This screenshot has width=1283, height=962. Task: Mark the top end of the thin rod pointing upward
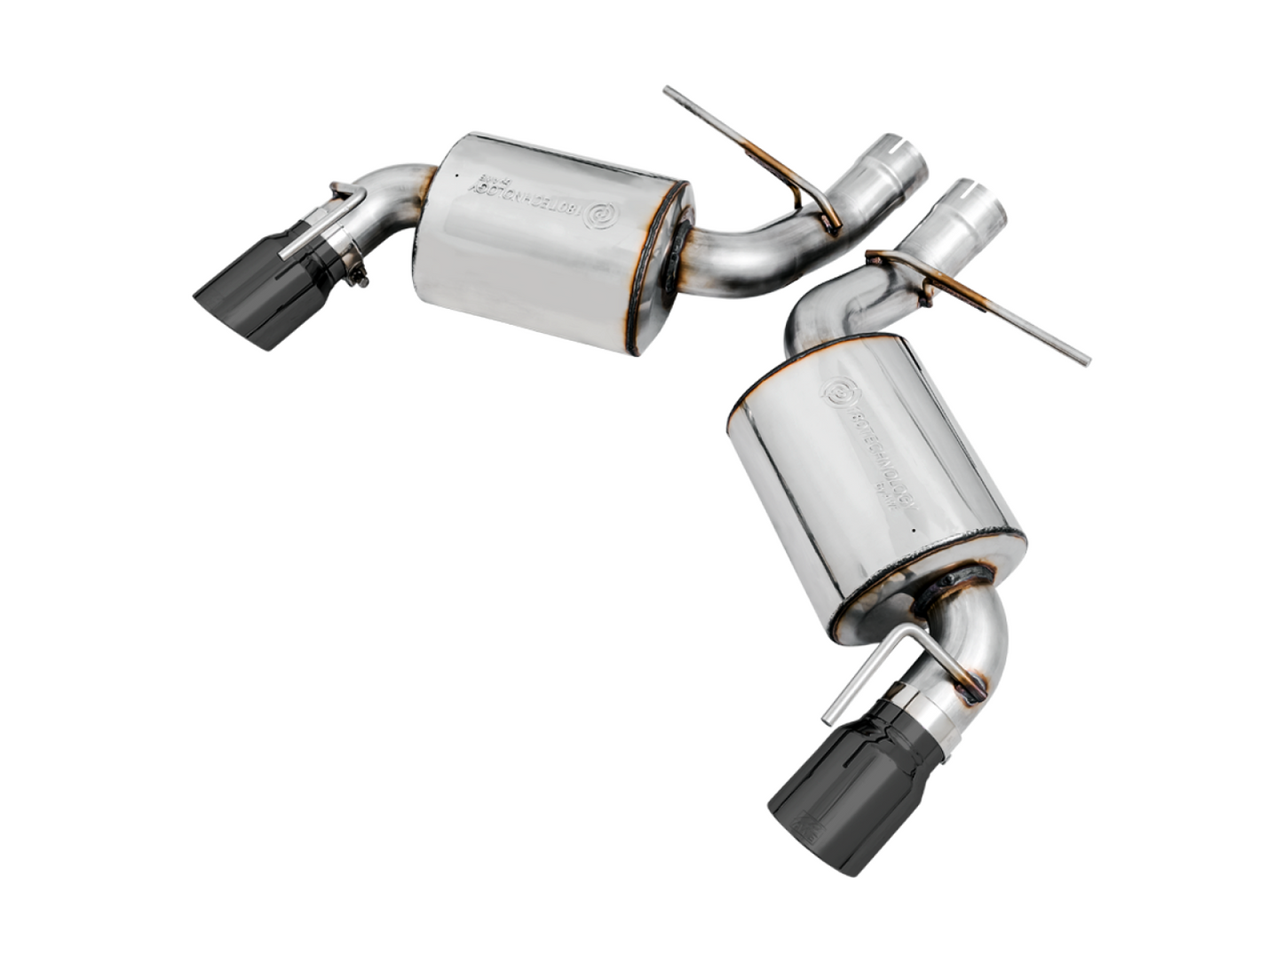click(668, 91)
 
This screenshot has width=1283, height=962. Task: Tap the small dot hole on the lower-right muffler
click(912, 531)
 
